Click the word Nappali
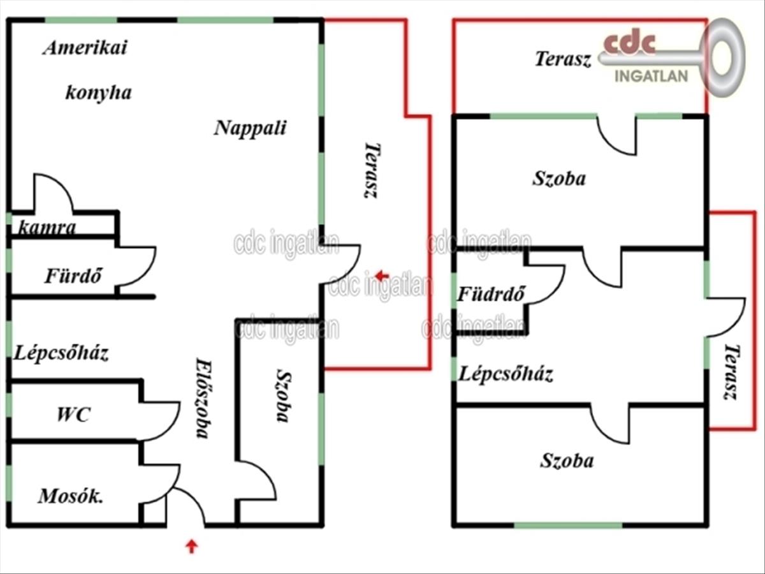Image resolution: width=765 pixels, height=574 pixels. tap(250, 128)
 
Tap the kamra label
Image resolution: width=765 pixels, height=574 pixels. tap(47, 227)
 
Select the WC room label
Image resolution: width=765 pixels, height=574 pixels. tap(73, 415)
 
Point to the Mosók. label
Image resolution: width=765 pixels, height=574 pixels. tap(71, 496)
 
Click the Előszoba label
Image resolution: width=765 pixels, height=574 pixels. tap(203, 398)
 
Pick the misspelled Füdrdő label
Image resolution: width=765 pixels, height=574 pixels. tap(491, 293)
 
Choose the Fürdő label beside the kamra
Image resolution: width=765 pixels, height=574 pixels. tap(73, 276)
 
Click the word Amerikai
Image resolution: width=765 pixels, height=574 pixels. tap(85, 47)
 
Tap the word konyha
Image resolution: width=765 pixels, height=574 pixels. tap(99, 93)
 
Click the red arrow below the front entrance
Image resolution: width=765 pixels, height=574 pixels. tap(191, 546)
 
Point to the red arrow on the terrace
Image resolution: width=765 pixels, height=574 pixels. tap(382, 276)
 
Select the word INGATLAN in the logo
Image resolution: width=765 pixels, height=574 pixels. tap(652, 77)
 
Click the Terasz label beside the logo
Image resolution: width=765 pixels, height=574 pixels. tap(563, 59)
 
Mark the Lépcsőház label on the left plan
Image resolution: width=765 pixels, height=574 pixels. tap(61, 353)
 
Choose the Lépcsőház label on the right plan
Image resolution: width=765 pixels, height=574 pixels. tap(506, 374)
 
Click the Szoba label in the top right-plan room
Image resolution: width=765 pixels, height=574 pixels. tap(559, 179)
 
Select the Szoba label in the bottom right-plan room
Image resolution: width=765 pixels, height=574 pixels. tap(567, 460)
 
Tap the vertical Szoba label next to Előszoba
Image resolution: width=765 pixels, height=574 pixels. tap(284, 396)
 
